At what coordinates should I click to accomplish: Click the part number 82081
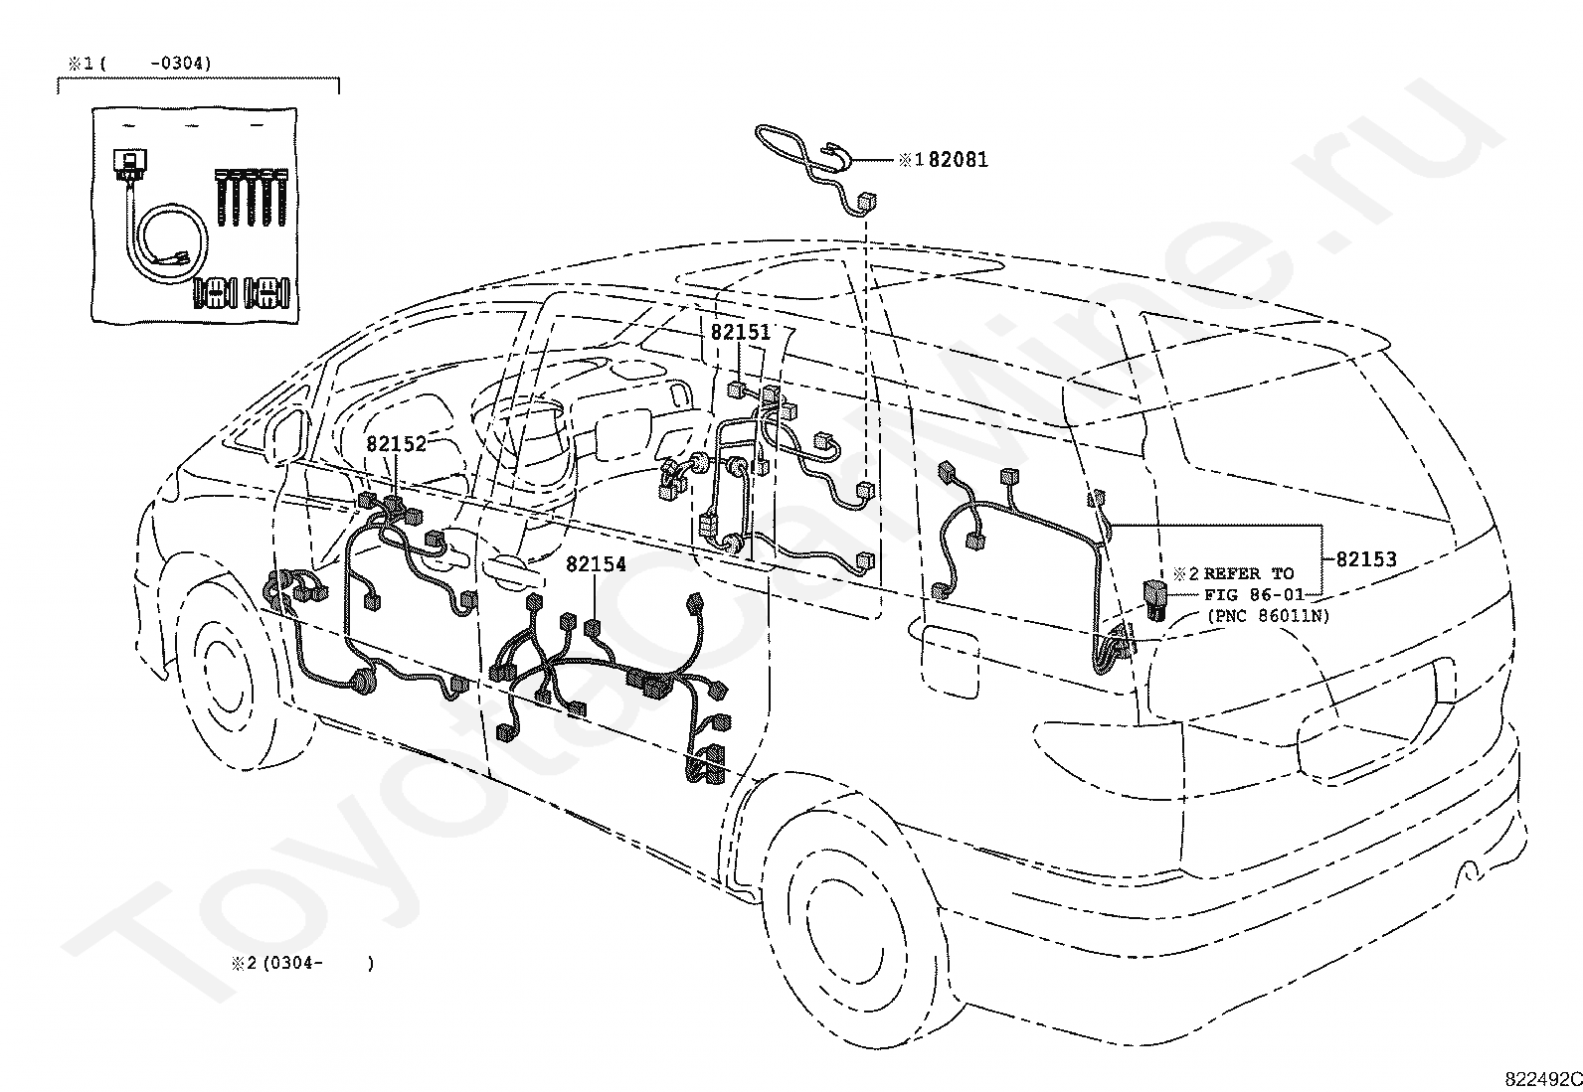click(x=959, y=159)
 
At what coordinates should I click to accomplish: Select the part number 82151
click(x=740, y=333)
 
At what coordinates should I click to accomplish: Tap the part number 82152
click(x=396, y=444)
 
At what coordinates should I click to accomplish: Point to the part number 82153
click(x=1365, y=559)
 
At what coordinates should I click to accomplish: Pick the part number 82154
click(x=596, y=564)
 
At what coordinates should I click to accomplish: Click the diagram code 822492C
click(x=1542, y=1079)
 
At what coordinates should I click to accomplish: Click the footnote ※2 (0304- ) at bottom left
click(x=303, y=963)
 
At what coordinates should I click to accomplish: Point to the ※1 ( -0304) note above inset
click(x=139, y=64)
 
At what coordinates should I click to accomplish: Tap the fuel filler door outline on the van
click(x=951, y=657)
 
